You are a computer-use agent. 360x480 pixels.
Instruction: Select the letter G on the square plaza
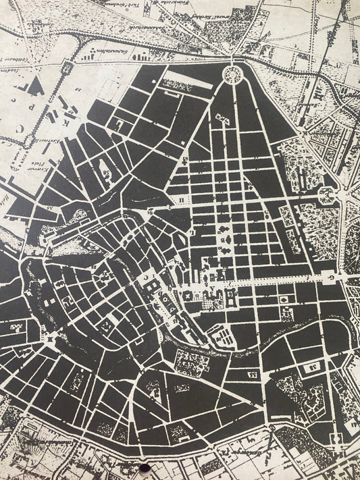click(329, 276)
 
